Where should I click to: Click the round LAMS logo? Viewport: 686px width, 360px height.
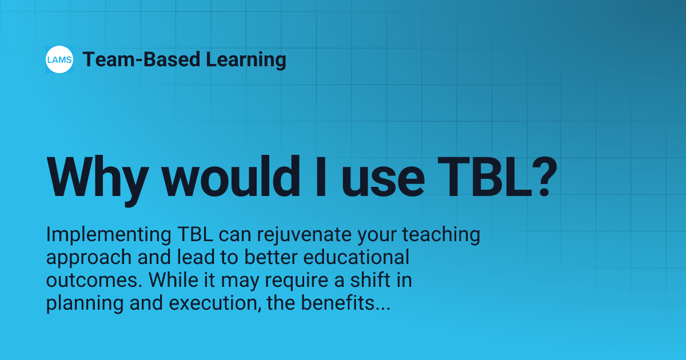(x=59, y=59)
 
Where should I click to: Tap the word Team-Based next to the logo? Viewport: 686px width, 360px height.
(x=131, y=59)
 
